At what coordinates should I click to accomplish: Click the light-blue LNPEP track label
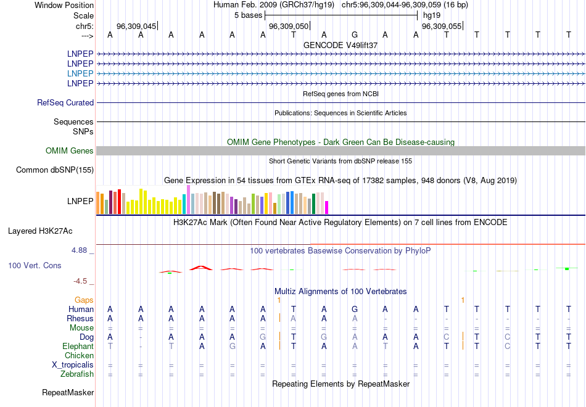pyautogui.click(x=80, y=73)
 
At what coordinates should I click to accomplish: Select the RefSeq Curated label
pyautogui.click(x=65, y=103)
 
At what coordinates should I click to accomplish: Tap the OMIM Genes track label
pyautogui.click(x=70, y=150)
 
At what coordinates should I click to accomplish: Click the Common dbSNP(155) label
pyautogui.click(x=55, y=170)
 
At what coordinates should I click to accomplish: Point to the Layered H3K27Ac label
pyautogui.click(x=40, y=231)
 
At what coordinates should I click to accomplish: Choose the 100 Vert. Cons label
pyautogui.click(x=35, y=265)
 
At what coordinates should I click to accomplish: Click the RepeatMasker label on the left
pyautogui.click(x=68, y=392)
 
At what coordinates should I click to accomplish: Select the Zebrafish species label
pyautogui.click(x=77, y=374)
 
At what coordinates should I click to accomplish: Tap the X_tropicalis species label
pyautogui.click(x=73, y=364)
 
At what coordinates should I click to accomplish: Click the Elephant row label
pyautogui.click(x=78, y=347)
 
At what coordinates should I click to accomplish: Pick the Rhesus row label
pyautogui.click(x=80, y=318)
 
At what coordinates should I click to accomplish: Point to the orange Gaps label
pyautogui.click(x=84, y=300)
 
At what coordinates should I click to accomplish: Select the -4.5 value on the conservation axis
pyautogui.click(x=80, y=281)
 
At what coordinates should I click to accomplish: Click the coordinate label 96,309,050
pyautogui.click(x=289, y=27)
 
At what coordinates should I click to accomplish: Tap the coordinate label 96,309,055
pyautogui.click(x=441, y=27)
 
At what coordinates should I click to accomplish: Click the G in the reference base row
pyautogui.click(x=355, y=35)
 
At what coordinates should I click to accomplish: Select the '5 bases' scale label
pyautogui.click(x=248, y=15)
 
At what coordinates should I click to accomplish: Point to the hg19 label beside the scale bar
pyautogui.click(x=431, y=15)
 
